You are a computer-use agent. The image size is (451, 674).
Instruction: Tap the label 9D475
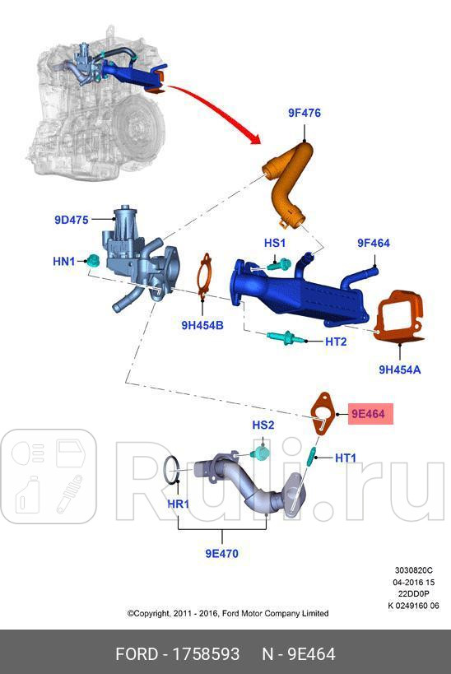(x=72, y=220)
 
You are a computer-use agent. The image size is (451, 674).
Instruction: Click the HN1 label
(x=64, y=261)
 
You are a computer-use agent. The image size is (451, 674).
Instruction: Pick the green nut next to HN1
(x=93, y=263)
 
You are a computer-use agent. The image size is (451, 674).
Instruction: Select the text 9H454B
(x=202, y=325)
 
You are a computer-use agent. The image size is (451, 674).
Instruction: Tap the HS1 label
(x=274, y=243)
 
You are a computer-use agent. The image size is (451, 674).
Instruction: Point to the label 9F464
(x=373, y=243)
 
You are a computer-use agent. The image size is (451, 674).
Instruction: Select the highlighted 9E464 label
(x=369, y=414)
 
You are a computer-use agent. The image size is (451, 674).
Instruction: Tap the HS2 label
(x=263, y=425)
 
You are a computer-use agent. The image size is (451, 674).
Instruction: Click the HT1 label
(x=346, y=457)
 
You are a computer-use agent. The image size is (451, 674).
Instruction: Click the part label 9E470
(x=221, y=554)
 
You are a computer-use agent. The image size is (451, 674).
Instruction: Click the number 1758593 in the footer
(x=205, y=654)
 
